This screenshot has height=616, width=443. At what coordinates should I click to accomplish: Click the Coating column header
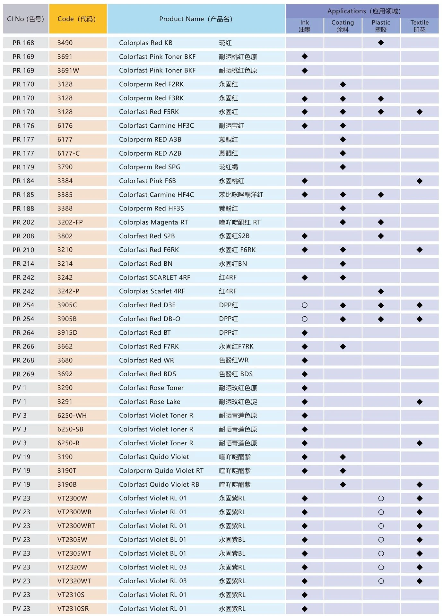click(343, 26)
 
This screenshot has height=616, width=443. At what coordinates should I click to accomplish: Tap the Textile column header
click(419, 26)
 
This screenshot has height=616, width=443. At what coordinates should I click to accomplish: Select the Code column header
click(77, 19)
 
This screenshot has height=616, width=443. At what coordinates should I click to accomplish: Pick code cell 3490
click(65, 43)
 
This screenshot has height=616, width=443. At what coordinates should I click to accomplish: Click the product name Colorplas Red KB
click(146, 43)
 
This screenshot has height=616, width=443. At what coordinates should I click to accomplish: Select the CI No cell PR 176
click(23, 126)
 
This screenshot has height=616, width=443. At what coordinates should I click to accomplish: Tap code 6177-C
click(68, 153)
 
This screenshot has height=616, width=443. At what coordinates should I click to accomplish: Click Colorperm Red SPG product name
click(150, 167)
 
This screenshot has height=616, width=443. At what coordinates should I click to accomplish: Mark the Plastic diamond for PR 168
click(381, 43)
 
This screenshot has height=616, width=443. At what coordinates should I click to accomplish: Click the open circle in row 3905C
click(305, 305)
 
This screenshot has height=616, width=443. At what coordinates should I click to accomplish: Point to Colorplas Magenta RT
click(153, 222)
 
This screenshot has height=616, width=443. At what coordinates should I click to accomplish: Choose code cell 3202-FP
click(70, 222)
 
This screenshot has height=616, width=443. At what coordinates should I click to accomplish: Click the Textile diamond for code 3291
click(419, 402)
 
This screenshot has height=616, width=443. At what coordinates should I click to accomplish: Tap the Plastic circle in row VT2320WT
click(381, 581)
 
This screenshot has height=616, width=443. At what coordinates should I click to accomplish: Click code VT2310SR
click(73, 609)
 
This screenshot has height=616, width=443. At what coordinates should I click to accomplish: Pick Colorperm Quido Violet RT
click(161, 471)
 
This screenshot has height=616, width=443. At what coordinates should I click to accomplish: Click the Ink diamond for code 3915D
click(305, 333)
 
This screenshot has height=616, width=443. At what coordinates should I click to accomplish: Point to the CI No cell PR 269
click(23, 374)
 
